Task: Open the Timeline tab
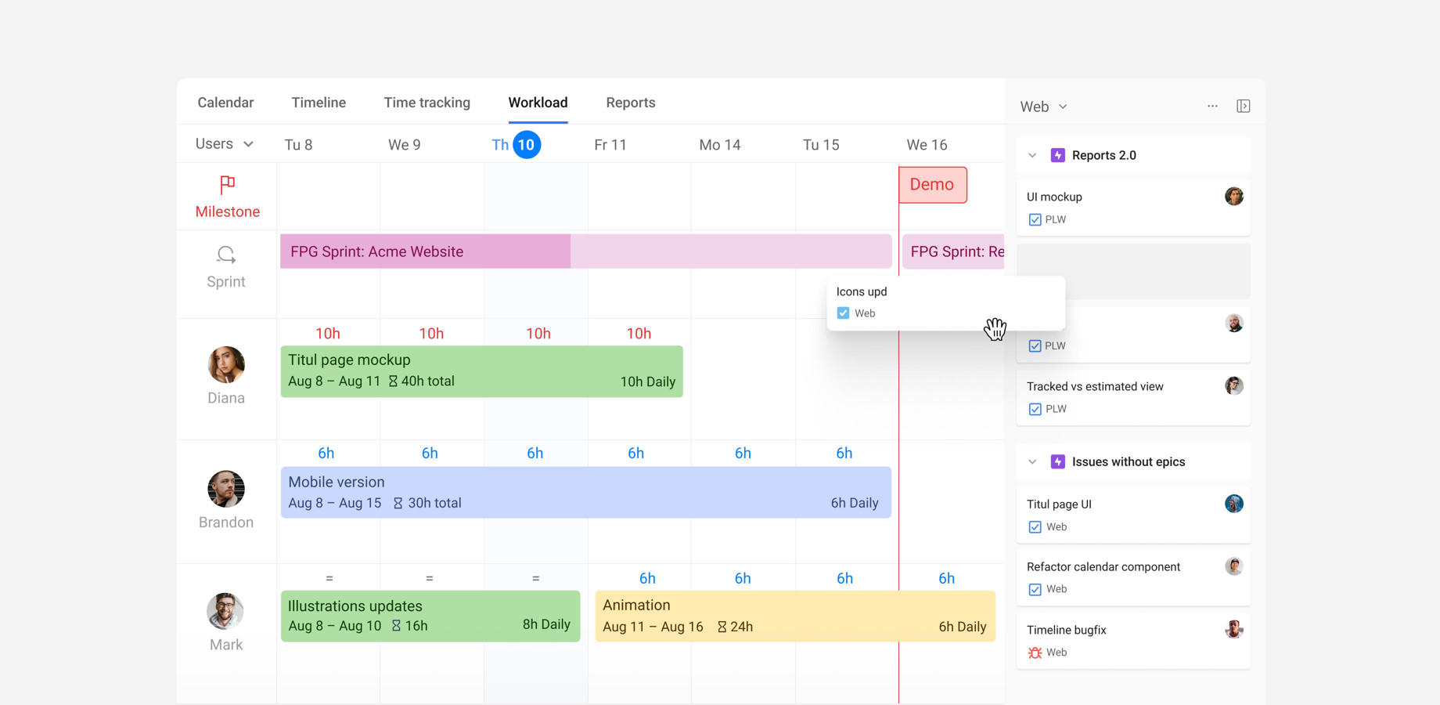coord(319,103)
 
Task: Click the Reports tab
coord(630,103)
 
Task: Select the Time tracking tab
coord(427,103)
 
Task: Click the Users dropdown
coord(224,144)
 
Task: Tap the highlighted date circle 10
coord(527,145)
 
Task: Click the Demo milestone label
coord(932,185)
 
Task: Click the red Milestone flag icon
coord(227,185)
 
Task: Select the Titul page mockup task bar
coord(481,371)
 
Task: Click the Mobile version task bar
coord(585,492)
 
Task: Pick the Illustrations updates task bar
coord(430,616)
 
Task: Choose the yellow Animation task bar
coord(794,616)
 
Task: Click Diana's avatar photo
coord(226,365)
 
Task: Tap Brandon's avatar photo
coord(226,489)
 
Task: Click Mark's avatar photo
coord(225,611)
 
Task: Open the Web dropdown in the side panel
coord(1043,107)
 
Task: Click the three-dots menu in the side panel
coord(1212,106)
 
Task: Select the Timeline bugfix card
coord(1132,641)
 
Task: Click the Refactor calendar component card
coord(1132,577)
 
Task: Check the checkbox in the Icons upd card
coord(843,313)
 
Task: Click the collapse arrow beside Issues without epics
coord(1032,462)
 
